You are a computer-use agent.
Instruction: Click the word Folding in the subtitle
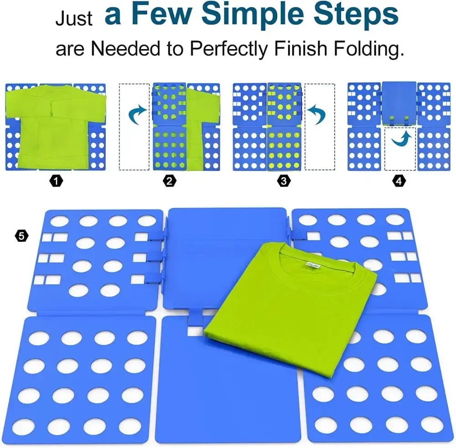coord(371,49)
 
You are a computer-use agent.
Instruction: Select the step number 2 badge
coord(170,181)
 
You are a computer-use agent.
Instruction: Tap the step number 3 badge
coord(284,181)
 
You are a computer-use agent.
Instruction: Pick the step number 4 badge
coord(399,181)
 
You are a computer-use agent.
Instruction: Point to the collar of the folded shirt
coord(315,269)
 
